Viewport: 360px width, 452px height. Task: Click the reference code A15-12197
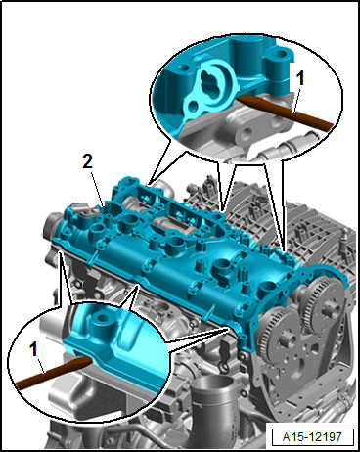point(312,436)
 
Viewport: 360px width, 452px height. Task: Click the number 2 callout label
point(87,161)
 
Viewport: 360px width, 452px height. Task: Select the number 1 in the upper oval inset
point(299,78)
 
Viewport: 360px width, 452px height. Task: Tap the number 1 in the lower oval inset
point(33,349)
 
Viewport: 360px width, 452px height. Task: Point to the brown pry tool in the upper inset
point(285,110)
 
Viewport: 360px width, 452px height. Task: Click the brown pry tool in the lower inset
point(52,371)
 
